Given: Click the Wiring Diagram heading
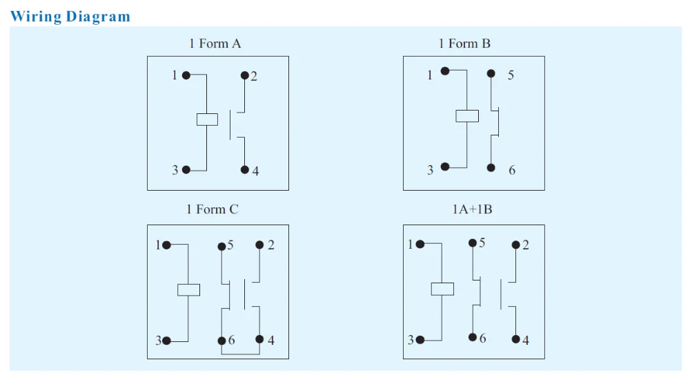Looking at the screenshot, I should click(x=70, y=17).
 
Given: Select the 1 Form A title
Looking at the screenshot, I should click(x=215, y=44).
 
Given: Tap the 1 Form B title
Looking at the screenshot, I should click(x=464, y=44).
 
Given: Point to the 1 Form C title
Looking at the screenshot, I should click(x=212, y=209).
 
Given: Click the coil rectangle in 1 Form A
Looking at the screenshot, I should click(x=207, y=119).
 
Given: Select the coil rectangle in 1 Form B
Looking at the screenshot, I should click(x=467, y=115).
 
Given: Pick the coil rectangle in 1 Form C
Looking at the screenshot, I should click(x=188, y=289).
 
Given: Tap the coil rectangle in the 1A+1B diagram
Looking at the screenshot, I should click(x=442, y=288).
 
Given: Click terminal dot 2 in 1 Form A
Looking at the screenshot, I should click(x=244, y=75).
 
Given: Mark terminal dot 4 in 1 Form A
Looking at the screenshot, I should click(x=244, y=169).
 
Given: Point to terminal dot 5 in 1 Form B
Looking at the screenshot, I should click(x=491, y=73).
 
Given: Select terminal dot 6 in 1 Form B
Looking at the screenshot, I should click(x=491, y=168).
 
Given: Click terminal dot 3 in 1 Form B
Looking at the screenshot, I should click(x=445, y=167).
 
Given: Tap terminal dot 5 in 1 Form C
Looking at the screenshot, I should click(x=221, y=246).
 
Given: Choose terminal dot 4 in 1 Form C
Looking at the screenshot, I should click(x=259, y=339).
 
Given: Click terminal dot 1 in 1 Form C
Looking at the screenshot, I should click(x=166, y=245).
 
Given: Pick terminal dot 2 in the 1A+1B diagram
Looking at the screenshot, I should click(x=516, y=245).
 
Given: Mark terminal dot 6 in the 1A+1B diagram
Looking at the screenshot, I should click(x=473, y=337).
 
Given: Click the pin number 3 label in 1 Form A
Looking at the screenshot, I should click(x=175, y=170).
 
